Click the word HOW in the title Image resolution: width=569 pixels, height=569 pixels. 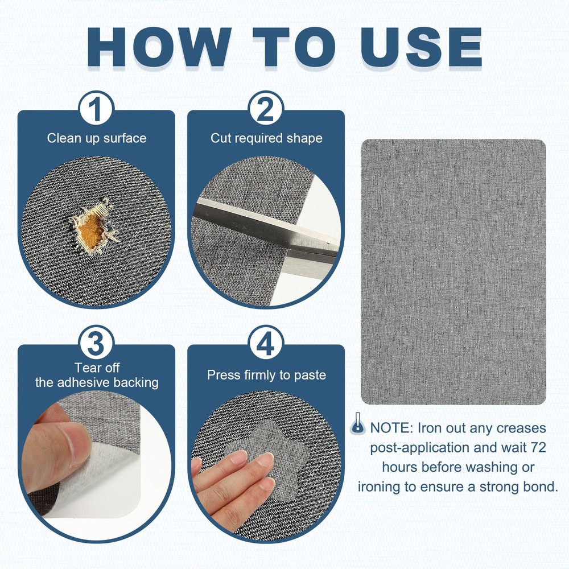[159, 47]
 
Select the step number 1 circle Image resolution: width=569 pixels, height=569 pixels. [96, 108]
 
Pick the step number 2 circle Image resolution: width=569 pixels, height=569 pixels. [266, 108]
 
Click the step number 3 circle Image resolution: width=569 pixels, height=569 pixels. [96, 343]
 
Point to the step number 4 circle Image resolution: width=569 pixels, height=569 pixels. [266, 343]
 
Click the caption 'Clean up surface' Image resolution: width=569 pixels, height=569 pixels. [97, 138]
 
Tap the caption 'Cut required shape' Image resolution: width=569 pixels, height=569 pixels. [266, 138]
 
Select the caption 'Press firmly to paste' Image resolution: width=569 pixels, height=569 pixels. [266, 375]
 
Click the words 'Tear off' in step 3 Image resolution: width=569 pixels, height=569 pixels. [97, 368]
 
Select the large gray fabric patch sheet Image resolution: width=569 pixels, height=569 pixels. [453, 272]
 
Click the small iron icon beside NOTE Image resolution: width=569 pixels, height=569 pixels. [358, 423]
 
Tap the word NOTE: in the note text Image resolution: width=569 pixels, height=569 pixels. [391, 428]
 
